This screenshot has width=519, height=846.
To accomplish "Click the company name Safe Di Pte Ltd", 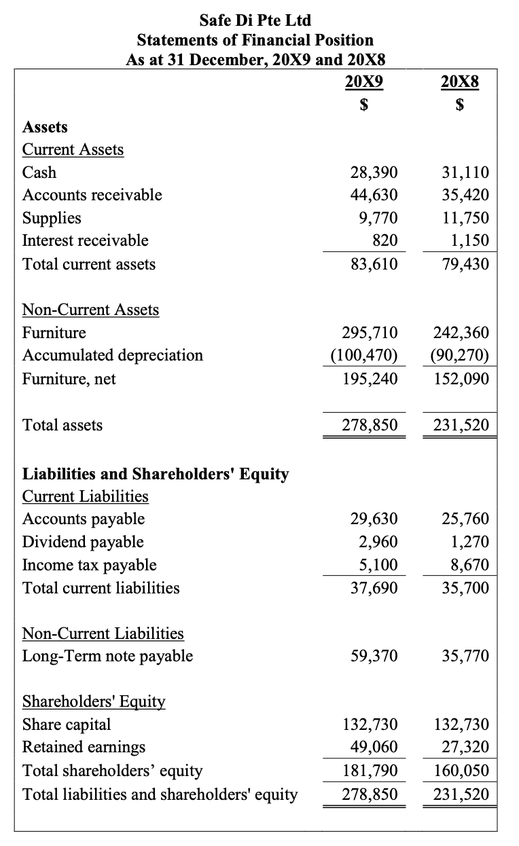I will pyautogui.click(x=255, y=20).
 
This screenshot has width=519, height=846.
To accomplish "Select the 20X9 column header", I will pyautogui.click(x=363, y=82).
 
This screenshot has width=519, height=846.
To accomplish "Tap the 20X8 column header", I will pyautogui.click(x=459, y=82).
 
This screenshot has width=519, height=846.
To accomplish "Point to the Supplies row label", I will pyautogui.click(x=52, y=218).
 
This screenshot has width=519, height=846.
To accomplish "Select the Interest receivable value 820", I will pyautogui.click(x=384, y=240).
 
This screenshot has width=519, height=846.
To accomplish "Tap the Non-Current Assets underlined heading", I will pyautogui.click(x=91, y=310).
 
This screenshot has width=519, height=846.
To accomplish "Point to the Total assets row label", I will pyautogui.click(x=62, y=425).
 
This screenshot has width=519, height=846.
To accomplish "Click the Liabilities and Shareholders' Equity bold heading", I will pyautogui.click(x=156, y=474).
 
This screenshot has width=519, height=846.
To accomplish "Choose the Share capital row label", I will pyautogui.click(x=67, y=724).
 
